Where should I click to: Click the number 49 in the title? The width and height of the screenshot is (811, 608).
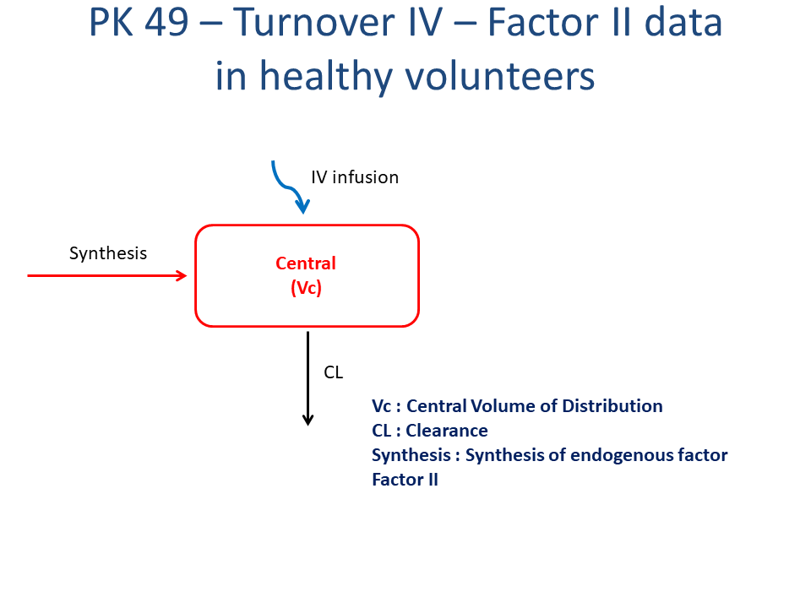tap(166, 23)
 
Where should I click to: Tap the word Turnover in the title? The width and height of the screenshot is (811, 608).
tap(313, 23)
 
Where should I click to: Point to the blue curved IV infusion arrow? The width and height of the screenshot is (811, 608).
tap(287, 188)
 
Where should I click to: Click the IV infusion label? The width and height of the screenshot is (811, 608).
tap(355, 177)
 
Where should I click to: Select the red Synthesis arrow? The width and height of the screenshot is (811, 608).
tap(106, 275)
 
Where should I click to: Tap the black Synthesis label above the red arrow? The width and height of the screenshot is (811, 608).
tap(108, 253)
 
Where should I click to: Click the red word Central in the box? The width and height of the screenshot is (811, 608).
tap(306, 263)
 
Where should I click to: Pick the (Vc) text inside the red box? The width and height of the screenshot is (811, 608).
tap(306, 287)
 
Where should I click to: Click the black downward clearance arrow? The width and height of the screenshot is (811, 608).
tap(308, 378)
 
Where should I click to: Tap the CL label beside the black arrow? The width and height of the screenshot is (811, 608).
tap(333, 372)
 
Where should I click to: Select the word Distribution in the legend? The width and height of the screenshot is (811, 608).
tap(612, 406)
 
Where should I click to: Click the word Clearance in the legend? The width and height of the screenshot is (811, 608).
tap(447, 431)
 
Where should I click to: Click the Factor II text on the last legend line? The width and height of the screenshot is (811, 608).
tap(405, 480)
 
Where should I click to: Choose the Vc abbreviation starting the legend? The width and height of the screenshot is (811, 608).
tap(381, 406)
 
